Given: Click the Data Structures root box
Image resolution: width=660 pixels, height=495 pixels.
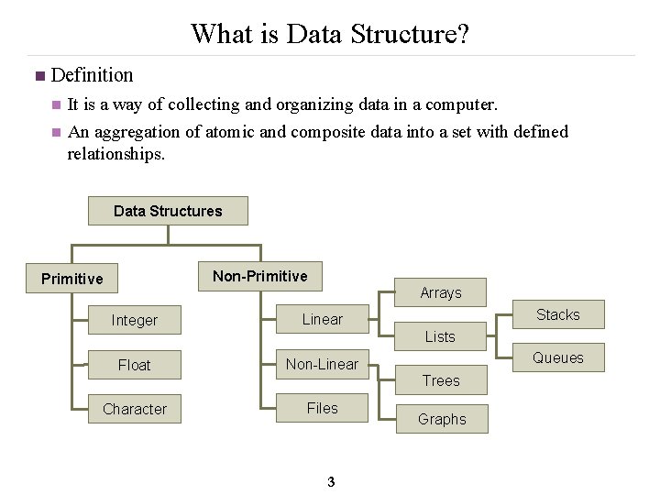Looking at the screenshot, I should tap(168, 211).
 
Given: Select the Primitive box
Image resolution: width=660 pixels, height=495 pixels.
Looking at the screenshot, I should tap(72, 279).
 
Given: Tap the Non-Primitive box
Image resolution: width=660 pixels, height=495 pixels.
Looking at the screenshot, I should tap(260, 276).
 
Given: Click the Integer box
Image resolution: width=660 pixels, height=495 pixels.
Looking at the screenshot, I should tap(135, 320).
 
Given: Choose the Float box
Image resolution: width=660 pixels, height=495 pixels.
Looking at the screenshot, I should tap(135, 365).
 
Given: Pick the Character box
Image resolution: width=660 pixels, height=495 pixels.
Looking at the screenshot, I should tap(135, 409).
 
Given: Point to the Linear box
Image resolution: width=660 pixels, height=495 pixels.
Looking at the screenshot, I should tap(323, 319).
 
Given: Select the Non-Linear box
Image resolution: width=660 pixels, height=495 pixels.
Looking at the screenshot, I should tap(323, 364).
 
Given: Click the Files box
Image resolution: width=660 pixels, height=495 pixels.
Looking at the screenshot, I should tap(323, 408).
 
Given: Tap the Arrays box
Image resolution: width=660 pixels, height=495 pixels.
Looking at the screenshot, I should tap(441, 292).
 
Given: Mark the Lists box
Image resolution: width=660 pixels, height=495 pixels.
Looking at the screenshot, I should tap(440, 336).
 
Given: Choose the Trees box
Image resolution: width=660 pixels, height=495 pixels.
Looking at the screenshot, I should tap(441, 380).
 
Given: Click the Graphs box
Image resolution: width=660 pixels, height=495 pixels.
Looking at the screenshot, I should tap(442, 419).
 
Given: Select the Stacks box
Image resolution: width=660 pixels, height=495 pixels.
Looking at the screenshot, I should tap(558, 314).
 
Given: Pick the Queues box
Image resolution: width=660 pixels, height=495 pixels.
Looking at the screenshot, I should tap(558, 357).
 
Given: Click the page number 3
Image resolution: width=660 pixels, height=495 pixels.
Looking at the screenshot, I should tap(331, 483).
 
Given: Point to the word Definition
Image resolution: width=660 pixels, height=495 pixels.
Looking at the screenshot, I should tap(93, 74).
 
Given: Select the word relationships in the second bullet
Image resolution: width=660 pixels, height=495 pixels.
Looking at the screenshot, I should tap(116, 153).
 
